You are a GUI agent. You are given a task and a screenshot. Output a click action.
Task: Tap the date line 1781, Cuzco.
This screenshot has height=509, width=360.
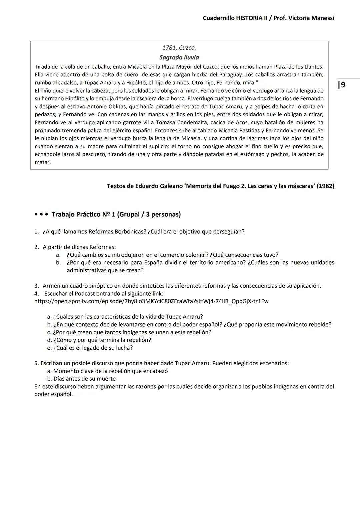tap(179, 48)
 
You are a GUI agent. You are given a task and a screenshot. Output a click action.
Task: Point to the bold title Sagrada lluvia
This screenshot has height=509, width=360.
tap(179, 57)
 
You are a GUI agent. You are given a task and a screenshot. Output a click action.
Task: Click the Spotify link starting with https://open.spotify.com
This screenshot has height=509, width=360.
tap(151, 301)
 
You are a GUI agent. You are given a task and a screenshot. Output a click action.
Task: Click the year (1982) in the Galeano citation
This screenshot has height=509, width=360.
tap(325, 186)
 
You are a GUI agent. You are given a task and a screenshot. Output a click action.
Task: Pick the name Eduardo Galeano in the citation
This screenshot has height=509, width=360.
tap(157, 186)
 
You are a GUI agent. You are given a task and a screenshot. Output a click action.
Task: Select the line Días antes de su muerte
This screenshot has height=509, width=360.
tap(84, 379)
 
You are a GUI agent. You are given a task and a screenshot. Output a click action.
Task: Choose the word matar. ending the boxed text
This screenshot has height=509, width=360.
tap(43, 163)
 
